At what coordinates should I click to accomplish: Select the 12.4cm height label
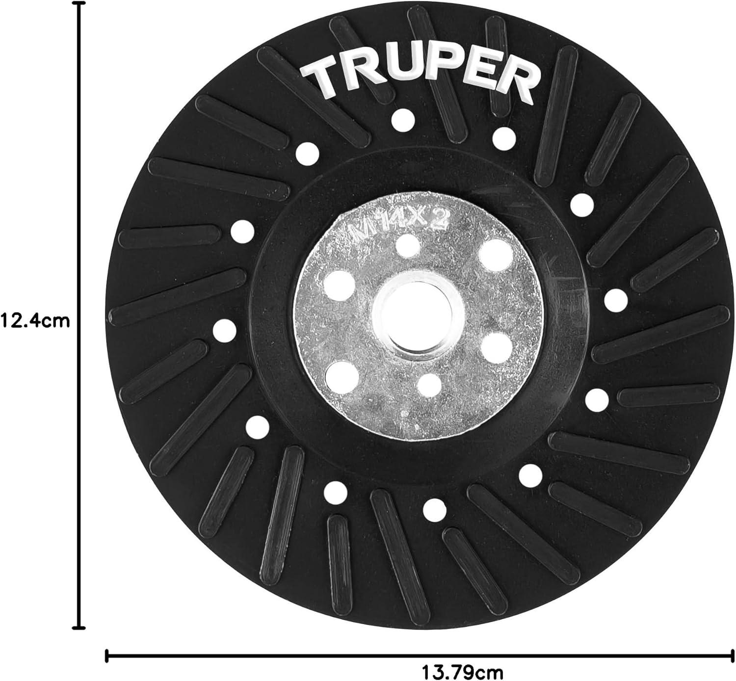35,320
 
